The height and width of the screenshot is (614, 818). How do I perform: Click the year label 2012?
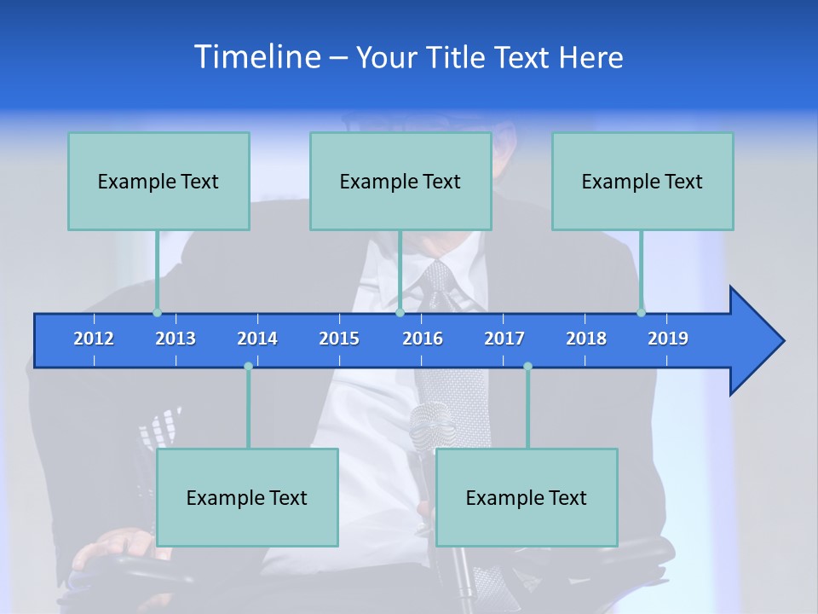94,339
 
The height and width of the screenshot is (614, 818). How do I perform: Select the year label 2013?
176,339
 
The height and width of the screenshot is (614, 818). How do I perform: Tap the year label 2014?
257,339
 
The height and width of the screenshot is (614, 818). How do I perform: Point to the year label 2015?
339,339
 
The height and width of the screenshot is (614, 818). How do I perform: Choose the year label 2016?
423,339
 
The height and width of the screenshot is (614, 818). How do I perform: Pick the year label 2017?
504,339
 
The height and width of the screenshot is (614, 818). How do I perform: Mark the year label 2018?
586,339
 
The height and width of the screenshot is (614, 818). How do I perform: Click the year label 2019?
668,339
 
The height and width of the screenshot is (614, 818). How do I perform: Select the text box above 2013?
158,181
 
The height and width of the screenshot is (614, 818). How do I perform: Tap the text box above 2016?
400,181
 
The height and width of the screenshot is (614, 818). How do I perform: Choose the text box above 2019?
642,181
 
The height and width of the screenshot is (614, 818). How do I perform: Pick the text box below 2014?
247,497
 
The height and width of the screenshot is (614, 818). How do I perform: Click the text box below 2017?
527,497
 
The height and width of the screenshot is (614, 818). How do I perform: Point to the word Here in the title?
590,57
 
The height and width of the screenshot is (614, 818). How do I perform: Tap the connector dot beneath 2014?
248,367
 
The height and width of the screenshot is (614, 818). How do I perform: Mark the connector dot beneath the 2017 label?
527,367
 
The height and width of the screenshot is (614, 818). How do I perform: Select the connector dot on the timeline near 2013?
157,313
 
